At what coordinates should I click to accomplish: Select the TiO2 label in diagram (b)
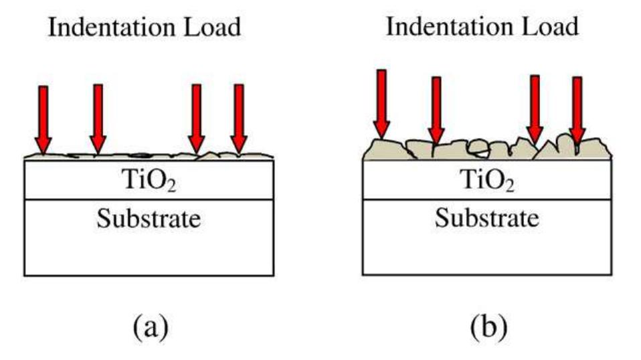[486, 181]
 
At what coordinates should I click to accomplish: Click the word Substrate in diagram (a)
[148, 219]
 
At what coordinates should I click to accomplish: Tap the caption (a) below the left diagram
[149, 327]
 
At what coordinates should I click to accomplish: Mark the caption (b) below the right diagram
[486, 327]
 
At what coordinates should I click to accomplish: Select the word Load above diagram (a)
[212, 28]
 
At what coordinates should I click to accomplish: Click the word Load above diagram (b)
[551, 27]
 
